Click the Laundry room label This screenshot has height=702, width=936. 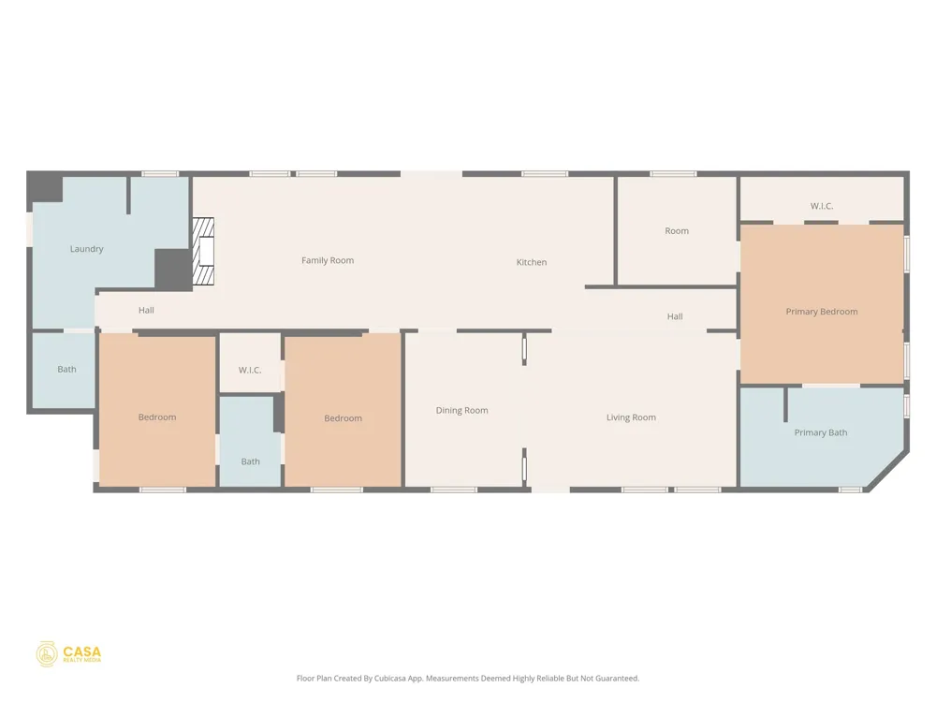tap(86, 249)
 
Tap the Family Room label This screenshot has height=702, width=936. tap(327, 260)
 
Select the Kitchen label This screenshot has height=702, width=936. tap(532, 262)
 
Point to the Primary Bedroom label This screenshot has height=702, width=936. tap(822, 312)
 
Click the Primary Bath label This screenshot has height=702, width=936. tap(821, 432)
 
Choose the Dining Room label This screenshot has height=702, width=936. tap(461, 411)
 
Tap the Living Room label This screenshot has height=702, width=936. tap(631, 417)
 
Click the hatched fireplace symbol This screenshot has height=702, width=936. tap(203, 251)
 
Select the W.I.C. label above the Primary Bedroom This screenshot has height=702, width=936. tap(822, 206)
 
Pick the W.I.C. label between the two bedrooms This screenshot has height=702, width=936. tap(250, 370)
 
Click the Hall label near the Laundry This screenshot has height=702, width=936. tap(146, 311)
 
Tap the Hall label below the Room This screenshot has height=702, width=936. tap(675, 317)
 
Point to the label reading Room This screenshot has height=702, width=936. tap(677, 231)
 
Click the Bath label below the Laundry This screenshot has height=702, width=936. tap(66, 370)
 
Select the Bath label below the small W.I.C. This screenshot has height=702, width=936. tap(250, 461)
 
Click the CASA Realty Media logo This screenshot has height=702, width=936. tap(68, 654)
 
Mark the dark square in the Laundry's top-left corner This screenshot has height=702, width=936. tap(45, 188)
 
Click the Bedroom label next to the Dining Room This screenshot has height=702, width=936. tap(343, 418)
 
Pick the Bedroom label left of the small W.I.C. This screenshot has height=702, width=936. tap(157, 417)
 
